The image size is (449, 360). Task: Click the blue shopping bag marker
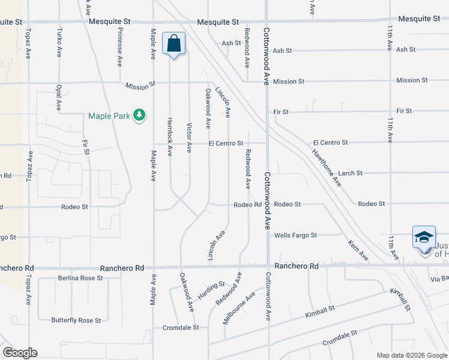(173, 44)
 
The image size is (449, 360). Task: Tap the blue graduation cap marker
(423, 237)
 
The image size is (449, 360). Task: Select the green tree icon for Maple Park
(139, 115)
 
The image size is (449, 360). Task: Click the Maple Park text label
(109, 116)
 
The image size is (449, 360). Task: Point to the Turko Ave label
(59, 38)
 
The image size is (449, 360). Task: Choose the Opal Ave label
(59, 97)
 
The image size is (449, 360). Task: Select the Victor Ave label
(189, 138)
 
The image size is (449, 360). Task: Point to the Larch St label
(351, 173)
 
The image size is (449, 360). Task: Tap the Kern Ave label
(358, 250)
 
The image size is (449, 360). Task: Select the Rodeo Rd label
(247, 205)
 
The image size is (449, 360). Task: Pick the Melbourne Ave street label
(238, 308)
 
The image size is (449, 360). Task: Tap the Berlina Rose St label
(80, 278)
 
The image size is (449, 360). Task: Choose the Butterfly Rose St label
(76, 320)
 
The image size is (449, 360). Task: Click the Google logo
(20, 353)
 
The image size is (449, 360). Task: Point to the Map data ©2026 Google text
(411, 355)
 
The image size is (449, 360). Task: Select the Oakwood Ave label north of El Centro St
(208, 109)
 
